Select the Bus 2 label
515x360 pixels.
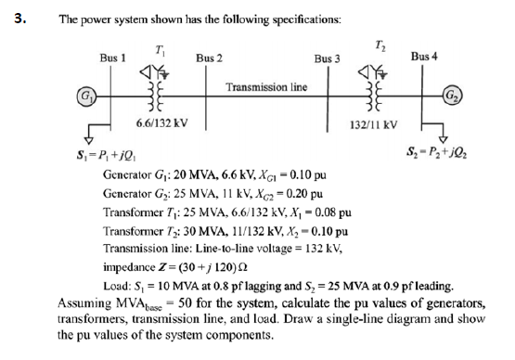(209, 58)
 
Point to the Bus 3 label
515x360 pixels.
(328, 58)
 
